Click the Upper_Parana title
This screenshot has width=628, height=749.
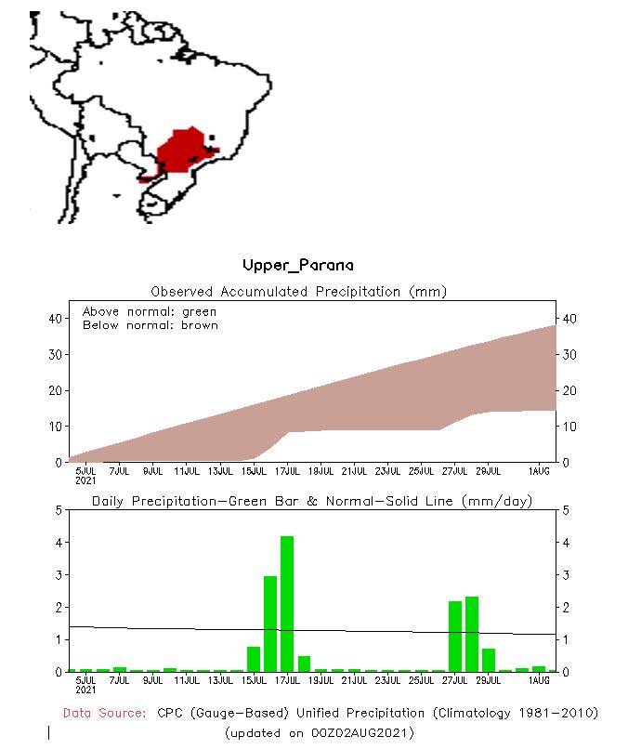tap(297, 266)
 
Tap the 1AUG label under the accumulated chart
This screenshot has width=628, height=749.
tap(539, 471)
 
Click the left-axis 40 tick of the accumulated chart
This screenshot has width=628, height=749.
tap(54, 319)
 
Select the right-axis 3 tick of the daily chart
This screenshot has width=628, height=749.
tap(566, 575)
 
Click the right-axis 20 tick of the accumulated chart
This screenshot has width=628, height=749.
tap(569, 390)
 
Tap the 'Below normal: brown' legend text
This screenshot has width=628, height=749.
tap(150, 325)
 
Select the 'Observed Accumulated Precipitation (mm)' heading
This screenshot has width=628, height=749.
tap(298, 292)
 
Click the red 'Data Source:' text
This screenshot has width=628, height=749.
tap(104, 713)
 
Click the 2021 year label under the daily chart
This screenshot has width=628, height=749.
tap(85, 690)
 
